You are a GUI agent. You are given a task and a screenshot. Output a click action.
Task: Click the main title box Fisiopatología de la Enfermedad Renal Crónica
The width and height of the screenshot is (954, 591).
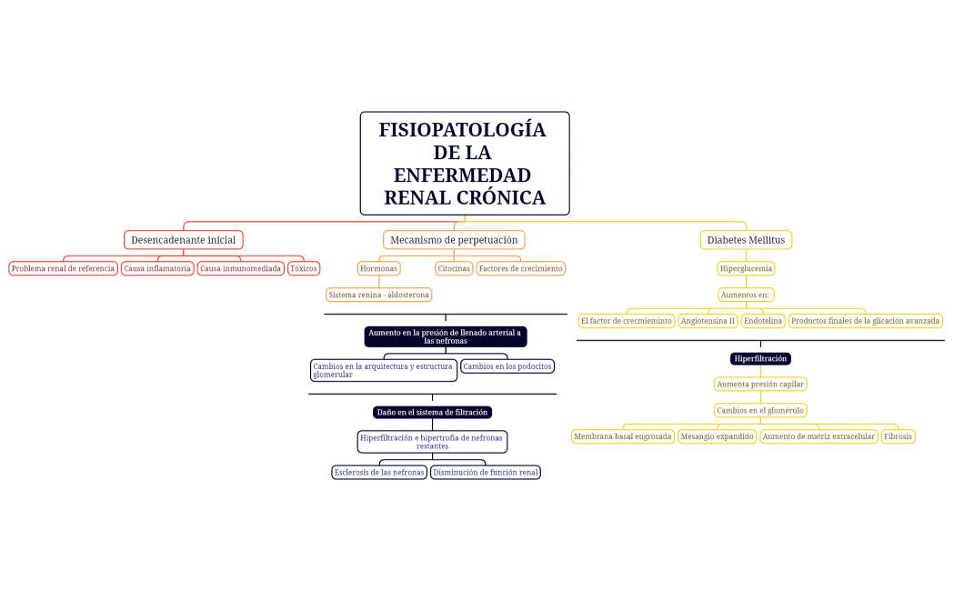point(464,164)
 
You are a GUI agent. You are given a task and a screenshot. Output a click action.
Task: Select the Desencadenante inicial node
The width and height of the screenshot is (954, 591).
point(183,240)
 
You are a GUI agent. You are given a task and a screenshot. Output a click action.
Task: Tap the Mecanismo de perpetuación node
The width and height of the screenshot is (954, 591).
point(454,240)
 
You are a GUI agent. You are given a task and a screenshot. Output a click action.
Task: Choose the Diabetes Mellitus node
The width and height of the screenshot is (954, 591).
point(746,240)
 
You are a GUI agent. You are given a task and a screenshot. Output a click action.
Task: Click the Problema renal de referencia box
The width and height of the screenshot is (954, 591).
point(63,268)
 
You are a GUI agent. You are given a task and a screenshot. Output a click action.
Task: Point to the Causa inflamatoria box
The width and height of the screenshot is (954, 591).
point(157,268)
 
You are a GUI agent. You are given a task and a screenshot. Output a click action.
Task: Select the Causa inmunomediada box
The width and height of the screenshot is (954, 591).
point(240,268)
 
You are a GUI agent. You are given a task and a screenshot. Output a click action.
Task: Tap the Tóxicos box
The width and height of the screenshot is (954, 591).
point(304,268)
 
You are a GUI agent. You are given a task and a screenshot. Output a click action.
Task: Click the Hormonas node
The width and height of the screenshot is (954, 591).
point(378,268)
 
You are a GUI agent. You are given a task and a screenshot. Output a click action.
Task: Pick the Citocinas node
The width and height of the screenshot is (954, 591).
point(453,268)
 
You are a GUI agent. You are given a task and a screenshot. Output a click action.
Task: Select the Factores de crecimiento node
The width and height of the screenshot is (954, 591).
point(520,268)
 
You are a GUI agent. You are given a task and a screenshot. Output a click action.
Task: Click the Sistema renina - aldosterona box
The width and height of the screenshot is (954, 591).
point(378,295)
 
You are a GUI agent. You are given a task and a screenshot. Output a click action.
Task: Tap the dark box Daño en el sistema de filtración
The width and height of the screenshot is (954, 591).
point(432,412)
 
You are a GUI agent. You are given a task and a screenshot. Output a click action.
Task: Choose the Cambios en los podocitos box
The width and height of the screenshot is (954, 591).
point(507,366)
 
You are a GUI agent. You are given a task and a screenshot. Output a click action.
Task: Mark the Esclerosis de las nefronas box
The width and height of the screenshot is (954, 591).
point(379,472)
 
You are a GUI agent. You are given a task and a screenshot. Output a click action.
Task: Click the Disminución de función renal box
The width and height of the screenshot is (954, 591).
point(485,472)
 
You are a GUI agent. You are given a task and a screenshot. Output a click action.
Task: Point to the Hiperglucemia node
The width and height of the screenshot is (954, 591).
point(746,268)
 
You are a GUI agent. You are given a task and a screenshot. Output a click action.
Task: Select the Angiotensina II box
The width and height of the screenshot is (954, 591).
point(708,321)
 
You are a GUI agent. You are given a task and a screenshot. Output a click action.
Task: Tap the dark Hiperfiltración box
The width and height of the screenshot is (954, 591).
point(760,358)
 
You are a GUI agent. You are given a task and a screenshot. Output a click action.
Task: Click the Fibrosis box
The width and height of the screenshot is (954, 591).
point(898,436)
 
